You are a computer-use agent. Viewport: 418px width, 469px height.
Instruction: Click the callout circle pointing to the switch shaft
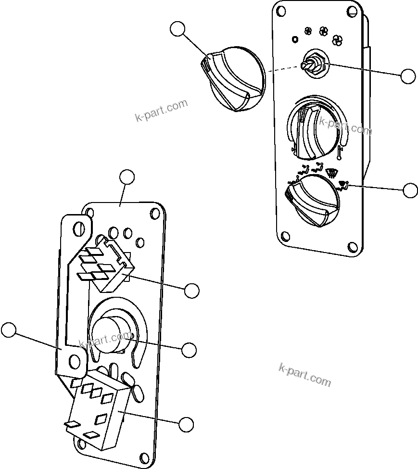408,76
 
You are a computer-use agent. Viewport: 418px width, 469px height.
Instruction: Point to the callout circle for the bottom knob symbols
410,190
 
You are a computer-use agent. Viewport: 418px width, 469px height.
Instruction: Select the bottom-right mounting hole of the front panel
353,246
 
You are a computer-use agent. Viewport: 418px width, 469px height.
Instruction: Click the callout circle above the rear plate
127,177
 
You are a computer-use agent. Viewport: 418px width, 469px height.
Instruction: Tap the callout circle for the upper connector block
192,291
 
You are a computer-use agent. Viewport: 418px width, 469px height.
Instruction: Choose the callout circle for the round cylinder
189,350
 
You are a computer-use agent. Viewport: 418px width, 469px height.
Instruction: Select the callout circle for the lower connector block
186,424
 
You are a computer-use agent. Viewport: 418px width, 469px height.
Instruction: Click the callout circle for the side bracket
8,330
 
